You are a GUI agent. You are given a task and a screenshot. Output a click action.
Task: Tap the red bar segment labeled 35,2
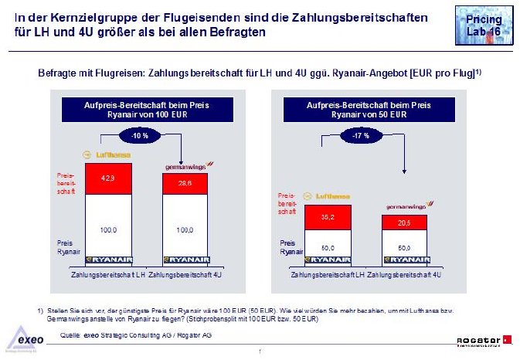pos(327,218)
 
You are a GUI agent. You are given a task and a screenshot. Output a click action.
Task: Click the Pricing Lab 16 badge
pos(484,25)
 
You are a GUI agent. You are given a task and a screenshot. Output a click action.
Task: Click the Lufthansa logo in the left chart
pos(110,154)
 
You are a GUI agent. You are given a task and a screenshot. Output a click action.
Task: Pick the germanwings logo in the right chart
pos(406,206)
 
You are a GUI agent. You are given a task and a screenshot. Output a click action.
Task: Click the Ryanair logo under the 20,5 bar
pos(406,260)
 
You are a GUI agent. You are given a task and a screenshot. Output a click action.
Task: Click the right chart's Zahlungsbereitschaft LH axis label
pos(328,275)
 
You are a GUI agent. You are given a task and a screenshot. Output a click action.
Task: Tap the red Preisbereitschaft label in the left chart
pos(66,183)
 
